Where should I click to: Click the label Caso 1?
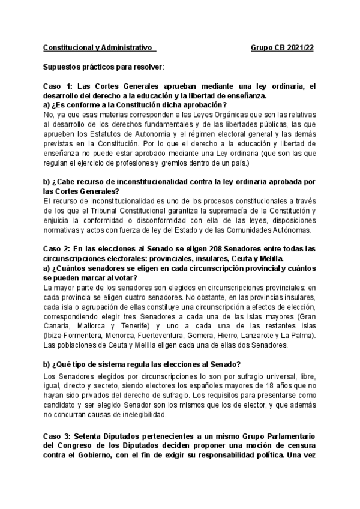pyautogui.click(x=59, y=86)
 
